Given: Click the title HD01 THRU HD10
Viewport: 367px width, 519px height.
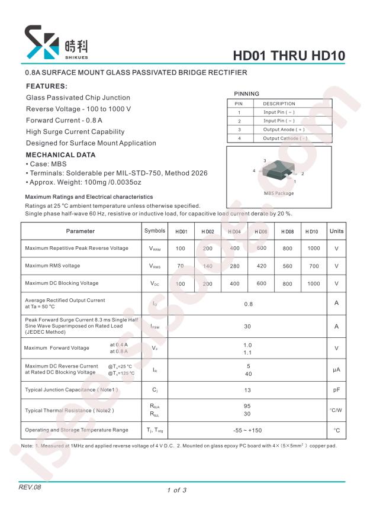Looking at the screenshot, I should coord(289,56).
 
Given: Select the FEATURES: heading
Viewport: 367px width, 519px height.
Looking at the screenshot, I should coord(47,86).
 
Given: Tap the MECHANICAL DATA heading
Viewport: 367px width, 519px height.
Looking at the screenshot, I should coord(60,155).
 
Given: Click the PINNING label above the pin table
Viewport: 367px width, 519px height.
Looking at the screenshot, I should coord(246,94).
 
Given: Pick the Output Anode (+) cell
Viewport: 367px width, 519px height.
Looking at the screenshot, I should coord(284,129).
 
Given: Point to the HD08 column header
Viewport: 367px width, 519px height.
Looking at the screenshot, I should coord(287,231).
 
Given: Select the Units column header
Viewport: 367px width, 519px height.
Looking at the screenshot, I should coord(336,231).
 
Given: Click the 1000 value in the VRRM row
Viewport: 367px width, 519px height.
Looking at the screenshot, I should coord(313,249).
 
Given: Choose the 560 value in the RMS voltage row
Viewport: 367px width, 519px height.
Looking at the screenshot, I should coord(287,266).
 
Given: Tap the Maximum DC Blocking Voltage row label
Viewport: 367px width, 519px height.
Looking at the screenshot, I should coord(62,283).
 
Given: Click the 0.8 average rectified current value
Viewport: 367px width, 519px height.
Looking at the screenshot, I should coord(248,304).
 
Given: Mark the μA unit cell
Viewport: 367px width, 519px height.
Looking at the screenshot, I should coord(336,370).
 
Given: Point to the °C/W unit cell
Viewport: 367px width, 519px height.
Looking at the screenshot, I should coord(336,410).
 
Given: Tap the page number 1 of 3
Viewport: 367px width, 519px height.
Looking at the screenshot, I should coord(176,490).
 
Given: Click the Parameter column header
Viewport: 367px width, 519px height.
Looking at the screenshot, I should coord(81,231).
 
